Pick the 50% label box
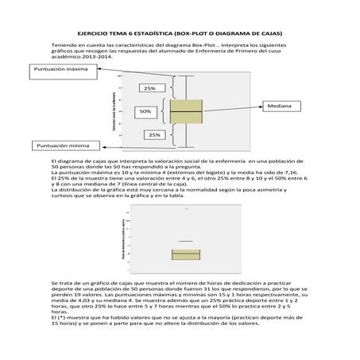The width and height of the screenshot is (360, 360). click(145, 111)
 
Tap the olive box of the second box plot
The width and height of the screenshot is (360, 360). click(185, 254)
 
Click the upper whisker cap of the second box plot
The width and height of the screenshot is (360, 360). click(185, 240)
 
